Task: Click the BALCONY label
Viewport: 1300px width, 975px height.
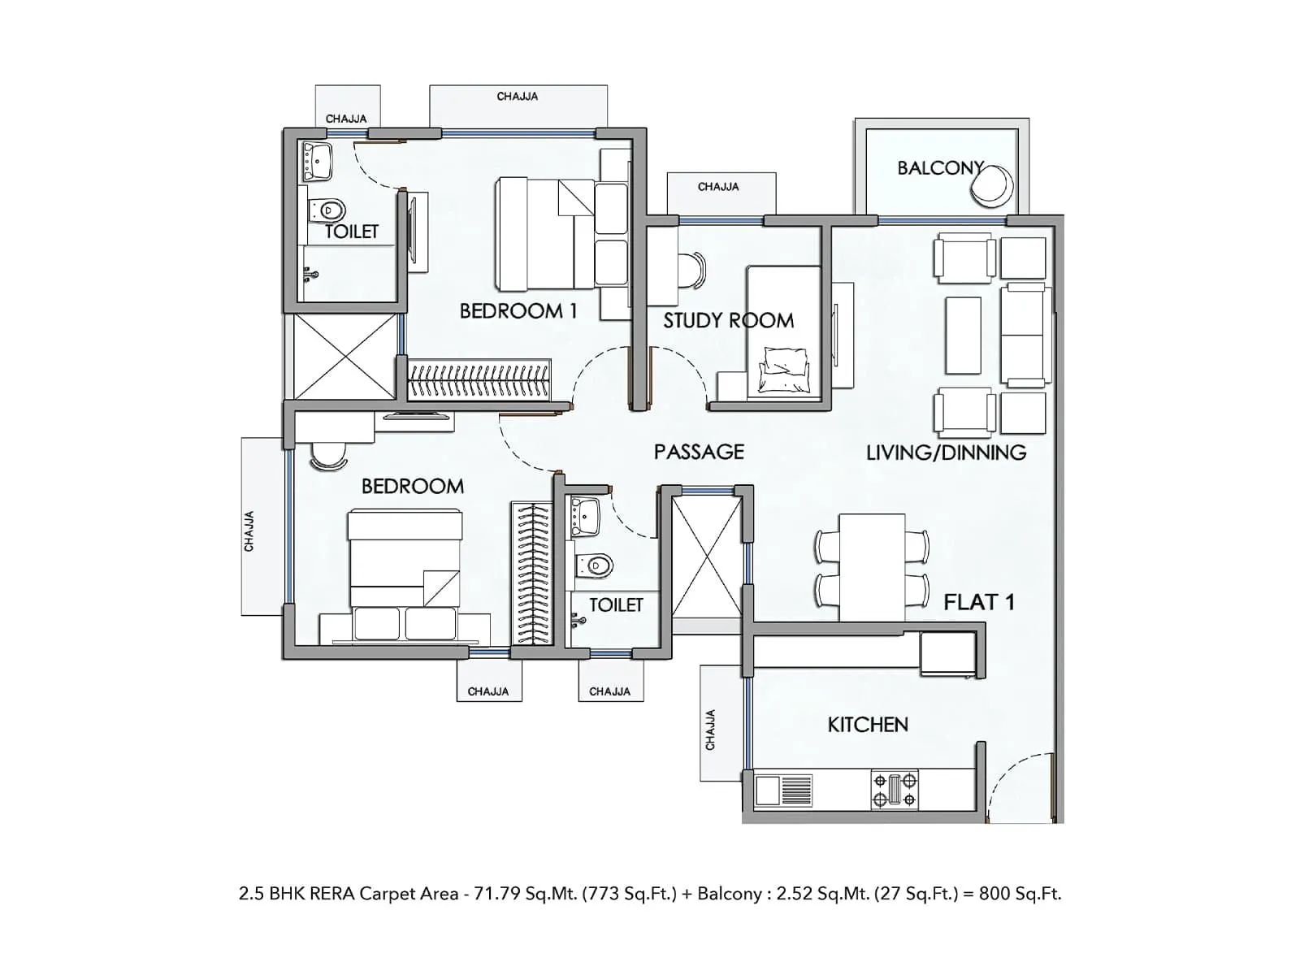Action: pyautogui.click(x=940, y=168)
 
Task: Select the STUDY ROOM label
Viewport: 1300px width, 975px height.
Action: pyautogui.click(x=728, y=320)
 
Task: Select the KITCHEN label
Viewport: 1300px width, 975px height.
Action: pyautogui.click(x=867, y=724)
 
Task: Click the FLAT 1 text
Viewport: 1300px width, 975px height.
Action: pyautogui.click(x=978, y=602)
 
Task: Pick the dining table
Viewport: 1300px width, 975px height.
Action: pyautogui.click(x=872, y=567)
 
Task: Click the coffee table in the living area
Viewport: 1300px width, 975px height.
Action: pyautogui.click(x=964, y=335)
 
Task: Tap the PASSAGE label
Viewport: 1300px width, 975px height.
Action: pyautogui.click(x=699, y=452)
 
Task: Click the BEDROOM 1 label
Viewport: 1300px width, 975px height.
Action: pyautogui.click(x=518, y=311)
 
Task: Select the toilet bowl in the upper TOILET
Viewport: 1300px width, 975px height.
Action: pyautogui.click(x=328, y=210)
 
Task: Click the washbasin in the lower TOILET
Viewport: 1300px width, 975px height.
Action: pyautogui.click(x=584, y=513)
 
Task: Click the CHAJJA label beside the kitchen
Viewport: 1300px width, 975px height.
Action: pyautogui.click(x=711, y=730)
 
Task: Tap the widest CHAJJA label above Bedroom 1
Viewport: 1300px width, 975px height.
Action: pyautogui.click(x=518, y=97)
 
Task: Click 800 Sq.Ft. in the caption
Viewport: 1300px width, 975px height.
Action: pyautogui.click(x=1020, y=894)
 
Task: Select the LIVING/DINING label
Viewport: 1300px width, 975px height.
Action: pyautogui.click(x=946, y=453)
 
